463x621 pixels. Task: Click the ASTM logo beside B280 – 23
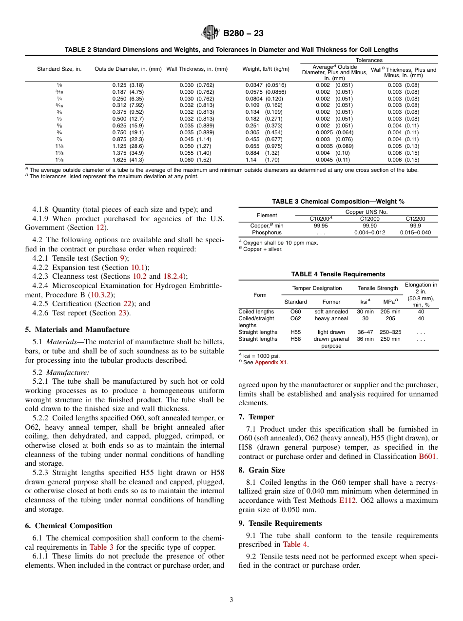(x=211, y=33)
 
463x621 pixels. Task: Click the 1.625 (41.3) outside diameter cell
(x=128, y=160)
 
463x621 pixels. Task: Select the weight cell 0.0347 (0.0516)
(x=266, y=85)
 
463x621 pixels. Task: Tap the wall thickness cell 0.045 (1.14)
(x=197, y=139)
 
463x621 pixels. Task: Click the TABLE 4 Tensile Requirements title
(x=338, y=274)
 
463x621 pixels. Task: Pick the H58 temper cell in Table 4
(x=295, y=339)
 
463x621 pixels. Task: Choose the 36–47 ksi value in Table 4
(x=365, y=332)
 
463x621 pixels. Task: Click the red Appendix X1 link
(x=271, y=362)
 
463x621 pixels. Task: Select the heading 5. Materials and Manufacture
(x=77, y=330)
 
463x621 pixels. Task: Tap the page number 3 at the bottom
(x=231, y=600)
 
